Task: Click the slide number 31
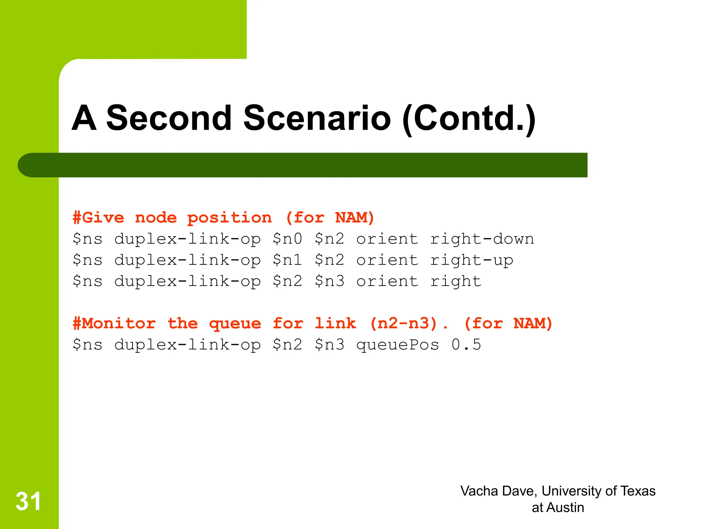[28, 501]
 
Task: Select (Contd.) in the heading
[469, 119]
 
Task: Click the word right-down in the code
[482, 239]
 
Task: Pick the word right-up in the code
[471, 260]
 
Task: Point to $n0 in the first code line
[287, 239]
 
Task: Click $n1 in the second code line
[287, 260]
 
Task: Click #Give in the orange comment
[98, 218]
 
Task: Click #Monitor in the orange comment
[114, 323]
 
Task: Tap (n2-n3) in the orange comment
[403, 323]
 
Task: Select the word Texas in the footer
[638, 491]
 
